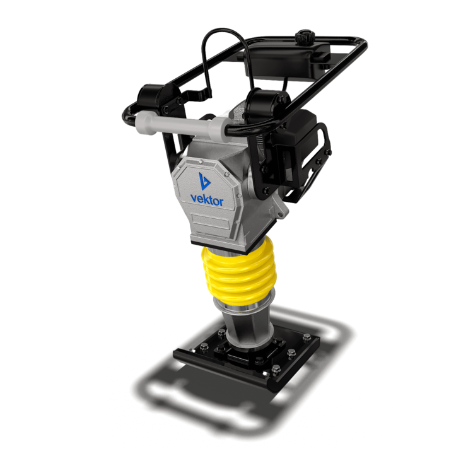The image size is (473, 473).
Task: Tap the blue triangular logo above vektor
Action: pos(204,181)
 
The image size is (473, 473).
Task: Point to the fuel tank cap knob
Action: pos(303,37)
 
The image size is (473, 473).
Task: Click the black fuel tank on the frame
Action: pos(289,61)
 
